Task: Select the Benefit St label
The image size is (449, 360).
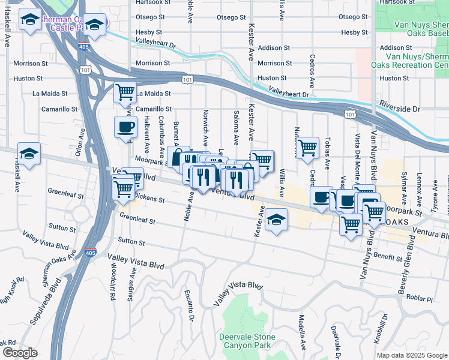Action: click(x=389, y=257)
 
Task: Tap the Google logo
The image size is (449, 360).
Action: click(x=19, y=353)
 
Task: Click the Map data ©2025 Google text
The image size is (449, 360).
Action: click(x=412, y=355)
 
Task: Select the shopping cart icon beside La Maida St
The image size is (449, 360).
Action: click(x=125, y=93)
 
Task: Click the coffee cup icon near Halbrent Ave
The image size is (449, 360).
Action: click(x=125, y=127)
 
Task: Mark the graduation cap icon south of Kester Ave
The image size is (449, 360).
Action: click(x=276, y=220)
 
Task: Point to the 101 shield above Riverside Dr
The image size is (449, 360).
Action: click(x=349, y=113)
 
